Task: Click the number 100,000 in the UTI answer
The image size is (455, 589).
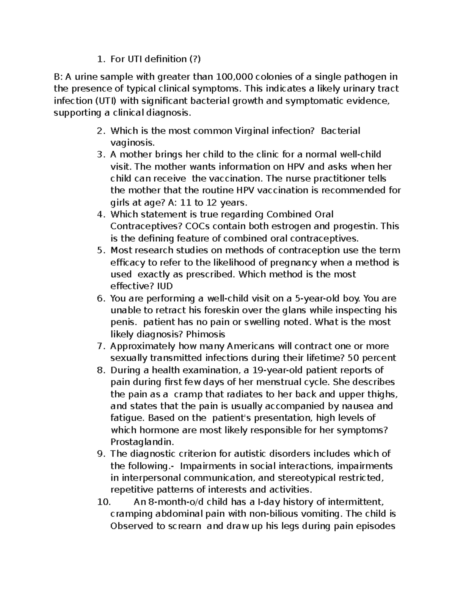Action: tap(235, 77)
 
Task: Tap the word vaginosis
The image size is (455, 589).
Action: tap(132, 143)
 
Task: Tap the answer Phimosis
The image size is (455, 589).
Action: tap(206, 334)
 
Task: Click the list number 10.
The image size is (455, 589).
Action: tap(104, 502)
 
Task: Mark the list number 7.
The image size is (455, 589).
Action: tap(100, 346)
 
